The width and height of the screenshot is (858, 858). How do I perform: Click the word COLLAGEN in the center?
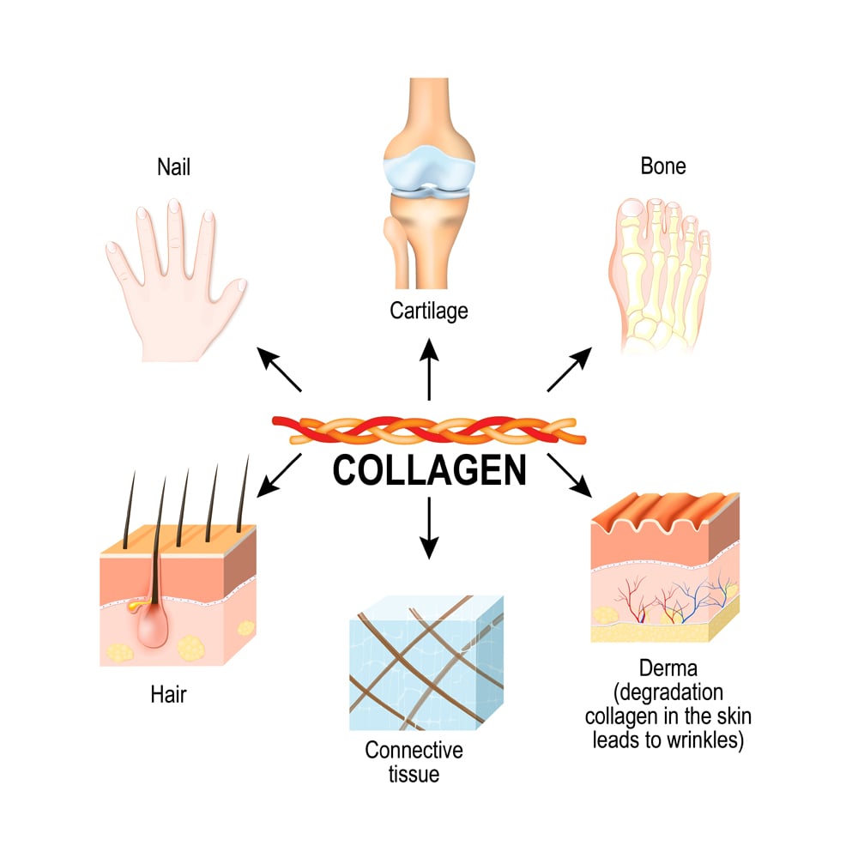pyautogui.click(x=429, y=470)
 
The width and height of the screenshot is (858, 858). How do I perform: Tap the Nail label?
pyautogui.click(x=173, y=166)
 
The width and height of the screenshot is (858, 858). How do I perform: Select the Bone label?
pyautogui.click(x=663, y=166)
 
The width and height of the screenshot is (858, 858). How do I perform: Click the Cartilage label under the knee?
pyautogui.click(x=428, y=310)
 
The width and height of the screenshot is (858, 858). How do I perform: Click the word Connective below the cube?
pyautogui.click(x=414, y=750)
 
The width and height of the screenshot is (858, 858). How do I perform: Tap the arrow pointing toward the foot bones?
pyautogui.click(x=570, y=371)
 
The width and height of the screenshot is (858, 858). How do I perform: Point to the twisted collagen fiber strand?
pyautogui.click(x=429, y=430)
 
